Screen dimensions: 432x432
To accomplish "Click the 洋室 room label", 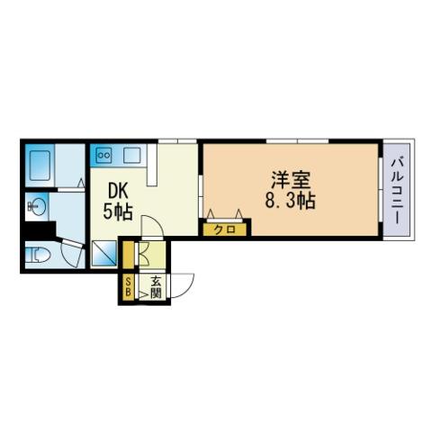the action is [290, 181].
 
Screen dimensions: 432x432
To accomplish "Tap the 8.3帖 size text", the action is [290, 201].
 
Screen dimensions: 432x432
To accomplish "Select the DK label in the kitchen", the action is [118, 191].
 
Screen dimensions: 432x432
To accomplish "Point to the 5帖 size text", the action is [118, 211].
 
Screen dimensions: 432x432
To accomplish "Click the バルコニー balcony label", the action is [397, 191].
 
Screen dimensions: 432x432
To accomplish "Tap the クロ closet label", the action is [225, 230].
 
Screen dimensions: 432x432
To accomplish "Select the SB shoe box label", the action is [128, 286].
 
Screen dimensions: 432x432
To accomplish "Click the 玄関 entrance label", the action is [156, 287].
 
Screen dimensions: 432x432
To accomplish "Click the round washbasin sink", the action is [38, 206].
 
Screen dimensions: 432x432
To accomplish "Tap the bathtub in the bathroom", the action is [40, 166].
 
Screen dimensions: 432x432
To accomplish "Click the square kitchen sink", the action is [132, 155].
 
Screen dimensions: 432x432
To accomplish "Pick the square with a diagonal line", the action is [103, 253].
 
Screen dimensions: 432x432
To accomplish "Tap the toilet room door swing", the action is [71, 254].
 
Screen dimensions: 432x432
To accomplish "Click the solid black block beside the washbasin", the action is [40, 230].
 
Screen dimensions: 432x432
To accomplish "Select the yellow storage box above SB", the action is [129, 255].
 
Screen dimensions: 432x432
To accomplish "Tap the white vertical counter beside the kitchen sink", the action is [152, 165].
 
